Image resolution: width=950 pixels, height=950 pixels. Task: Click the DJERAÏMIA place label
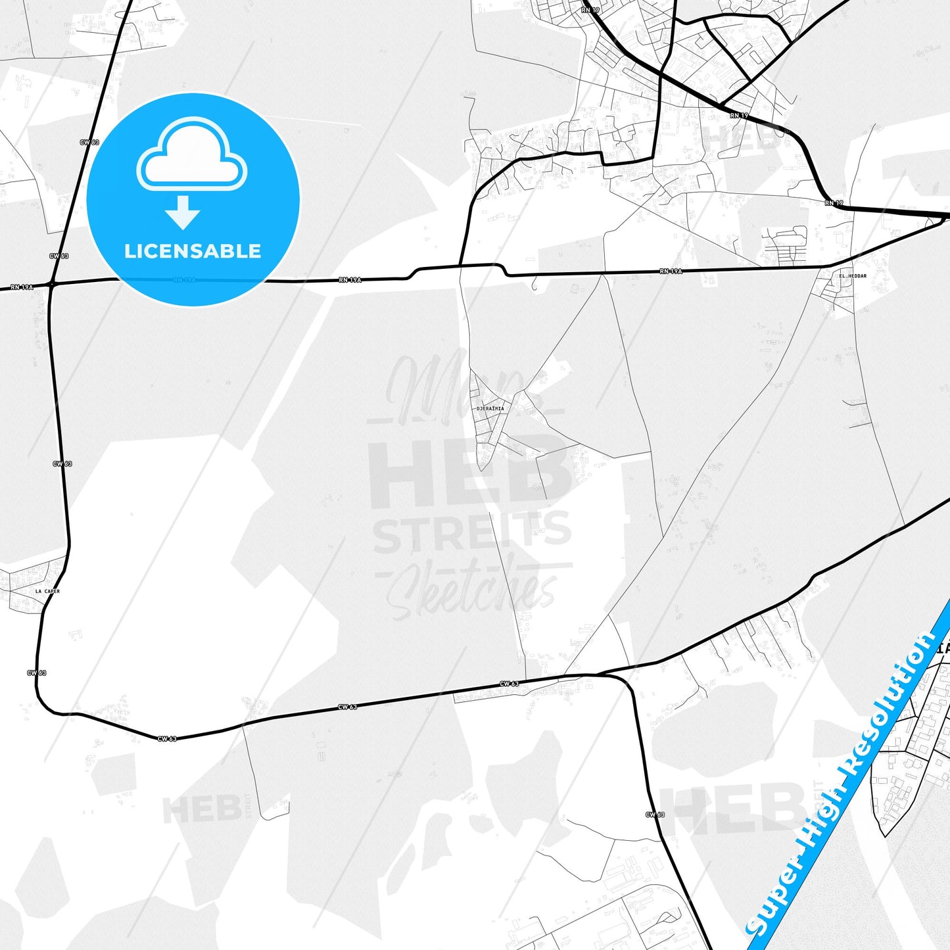pyautogui.click(x=490, y=409)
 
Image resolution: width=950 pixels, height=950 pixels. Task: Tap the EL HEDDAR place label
pyautogui.click(x=853, y=276)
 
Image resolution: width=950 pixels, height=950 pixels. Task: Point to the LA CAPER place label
pyautogui.click(x=47, y=592)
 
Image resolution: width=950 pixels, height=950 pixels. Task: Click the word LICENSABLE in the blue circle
pyautogui.click(x=193, y=251)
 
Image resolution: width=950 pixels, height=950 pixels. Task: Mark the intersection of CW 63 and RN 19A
pyautogui.click(x=51, y=284)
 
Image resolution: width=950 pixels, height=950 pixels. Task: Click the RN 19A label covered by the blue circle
pyautogui.click(x=185, y=280)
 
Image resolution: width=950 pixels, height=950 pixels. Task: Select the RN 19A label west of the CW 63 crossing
pyautogui.click(x=22, y=287)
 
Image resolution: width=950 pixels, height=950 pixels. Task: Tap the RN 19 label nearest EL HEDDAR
pyautogui.click(x=834, y=203)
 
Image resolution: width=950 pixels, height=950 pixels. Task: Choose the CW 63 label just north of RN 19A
pyautogui.click(x=59, y=256)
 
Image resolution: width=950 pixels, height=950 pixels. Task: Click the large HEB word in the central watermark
pyautogui.click(x=469, y=473)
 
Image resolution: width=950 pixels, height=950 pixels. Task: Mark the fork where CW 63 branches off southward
pyautogui.click(x=597, y=675)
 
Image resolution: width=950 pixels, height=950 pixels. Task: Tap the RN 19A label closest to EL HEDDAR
pyautogui.click(x=671, y=271)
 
